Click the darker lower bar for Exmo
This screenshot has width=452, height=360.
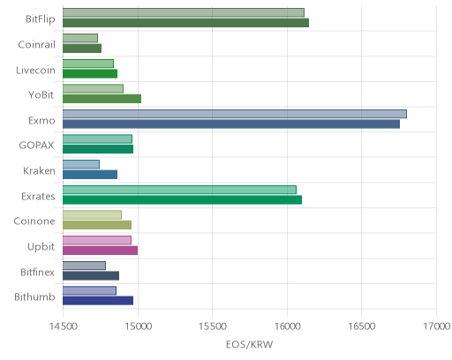(x=231, y=124)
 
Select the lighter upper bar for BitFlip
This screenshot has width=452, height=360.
(x=184, y=12)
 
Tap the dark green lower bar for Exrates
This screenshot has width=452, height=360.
(x=182, y=200)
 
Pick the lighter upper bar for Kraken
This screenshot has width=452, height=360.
(x=81, y=164)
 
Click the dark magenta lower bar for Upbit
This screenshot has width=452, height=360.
(x=101, y=251)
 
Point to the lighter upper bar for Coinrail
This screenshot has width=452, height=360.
(x=80, y=38)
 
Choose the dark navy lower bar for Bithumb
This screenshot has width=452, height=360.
(x=98, y=301)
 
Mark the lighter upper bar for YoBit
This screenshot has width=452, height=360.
(x=93, y=88)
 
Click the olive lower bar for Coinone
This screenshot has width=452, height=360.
(x=97, y=225)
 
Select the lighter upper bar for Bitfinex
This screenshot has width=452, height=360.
(x=84, y=266)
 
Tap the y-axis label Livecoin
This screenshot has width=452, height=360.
(x=35, y=70)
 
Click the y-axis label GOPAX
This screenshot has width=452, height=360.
(x=36, y=145)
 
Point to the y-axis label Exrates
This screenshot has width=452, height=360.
(x=38, y=196)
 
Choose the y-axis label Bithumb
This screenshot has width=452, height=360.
(x=34, y=296)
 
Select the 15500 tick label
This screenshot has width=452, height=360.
(x=213, y=326)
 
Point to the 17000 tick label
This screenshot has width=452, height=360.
(x=437, y=326)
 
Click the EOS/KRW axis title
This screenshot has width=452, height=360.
(x=250, y=344)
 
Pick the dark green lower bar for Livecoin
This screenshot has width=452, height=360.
(x=90, y=74)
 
